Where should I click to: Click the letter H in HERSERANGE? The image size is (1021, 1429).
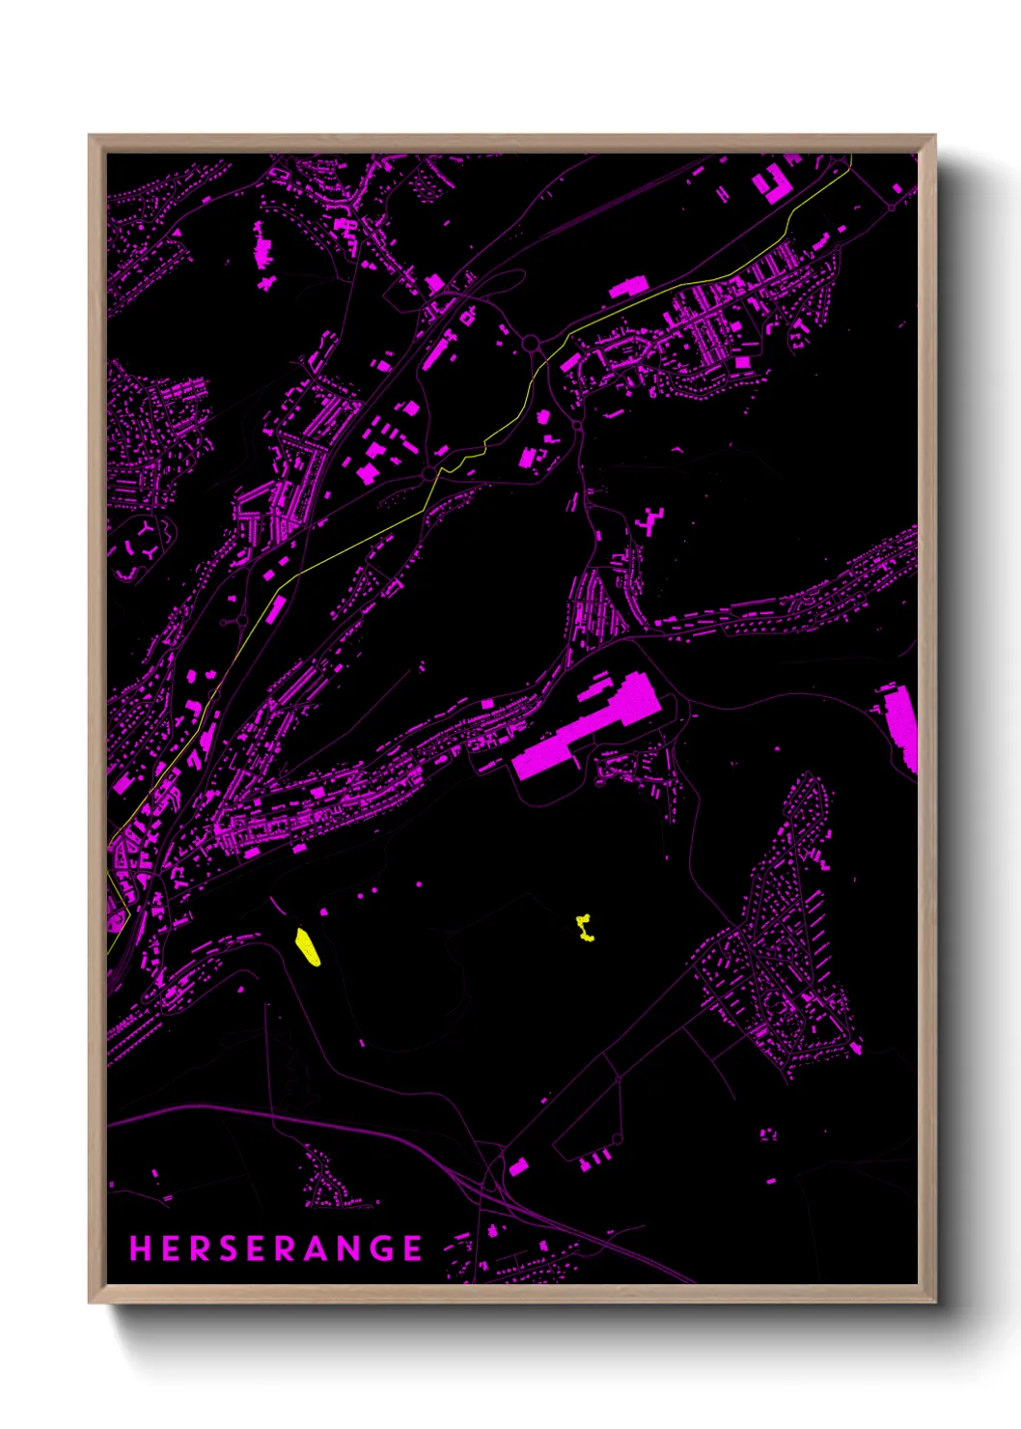tap(140, 1248)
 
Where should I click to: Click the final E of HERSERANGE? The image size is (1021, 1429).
tap(413, 1248)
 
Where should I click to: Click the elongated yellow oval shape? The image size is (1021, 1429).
tap(307, 947)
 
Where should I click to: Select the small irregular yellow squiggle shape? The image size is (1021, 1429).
tap(585, 929)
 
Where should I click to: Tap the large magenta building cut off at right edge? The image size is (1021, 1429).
tap(901, 726)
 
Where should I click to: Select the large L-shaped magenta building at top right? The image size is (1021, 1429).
tap(773, 185)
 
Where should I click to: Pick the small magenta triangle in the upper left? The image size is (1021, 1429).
tap(178, 233)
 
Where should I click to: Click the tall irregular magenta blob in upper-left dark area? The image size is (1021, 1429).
tap(262, 244)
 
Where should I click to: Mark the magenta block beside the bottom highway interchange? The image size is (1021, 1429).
tap(518, 1167)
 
